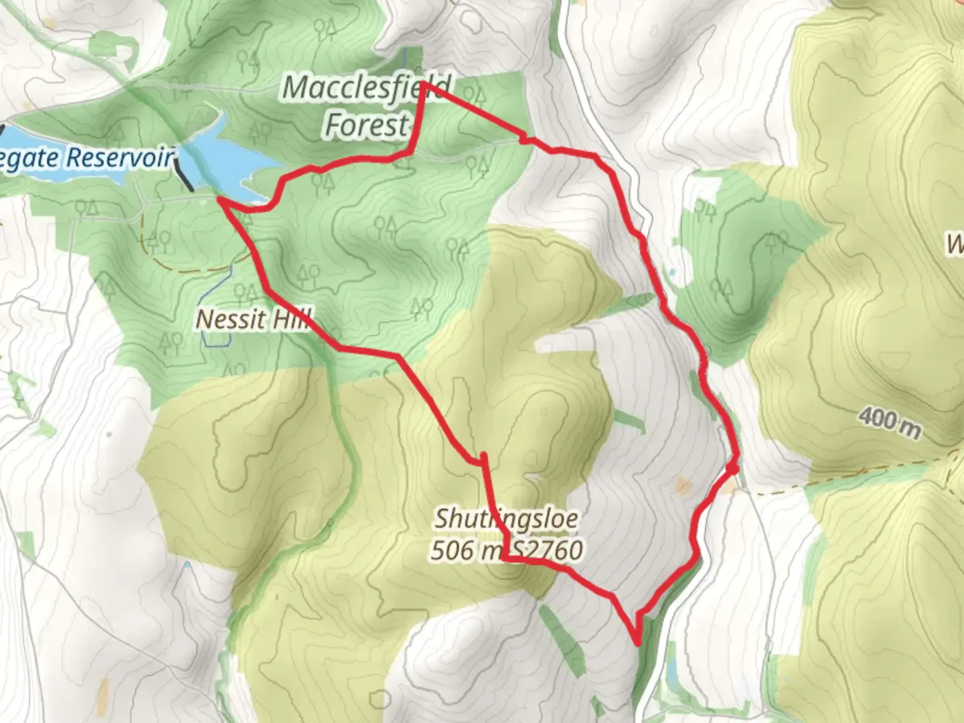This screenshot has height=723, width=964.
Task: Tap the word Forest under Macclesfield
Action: (x=366, y=125)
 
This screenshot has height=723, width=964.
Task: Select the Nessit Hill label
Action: (x=253, y=319)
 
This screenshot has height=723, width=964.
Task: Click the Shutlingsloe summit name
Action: (x=507, y=519)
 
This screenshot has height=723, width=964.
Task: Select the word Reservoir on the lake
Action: (x=120, y=158)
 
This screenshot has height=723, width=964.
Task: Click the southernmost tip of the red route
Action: (x=638, y=644)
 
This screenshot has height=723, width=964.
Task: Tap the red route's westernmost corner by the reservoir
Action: (x=220, y=199)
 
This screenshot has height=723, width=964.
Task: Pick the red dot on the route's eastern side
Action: (x=734, y=469)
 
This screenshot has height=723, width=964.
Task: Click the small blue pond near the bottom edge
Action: (x=671, y=669)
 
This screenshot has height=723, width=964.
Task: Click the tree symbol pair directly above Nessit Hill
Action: (x=246, y=293)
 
